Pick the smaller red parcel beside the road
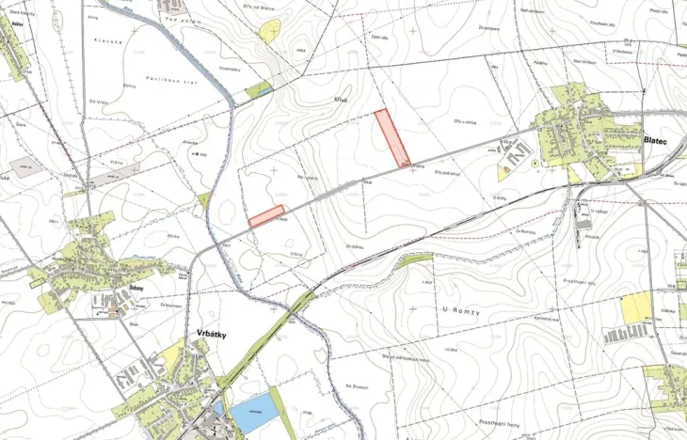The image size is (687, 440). click(x=266, y=216)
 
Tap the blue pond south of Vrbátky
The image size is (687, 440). click(x=254, y=413)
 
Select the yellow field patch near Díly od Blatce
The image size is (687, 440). click(x=271, y=31)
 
